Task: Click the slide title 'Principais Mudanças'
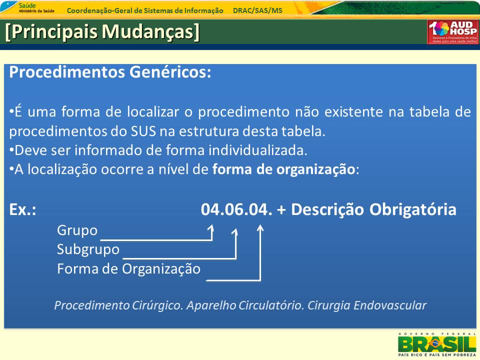(102, 31)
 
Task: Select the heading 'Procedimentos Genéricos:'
(110, 72)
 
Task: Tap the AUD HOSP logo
(452, 32)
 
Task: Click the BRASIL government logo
(436, 344)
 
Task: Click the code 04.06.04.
(236, 210)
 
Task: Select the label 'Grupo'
(77, 230)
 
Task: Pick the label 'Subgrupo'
(88, 249)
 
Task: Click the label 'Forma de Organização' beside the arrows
(128, 268)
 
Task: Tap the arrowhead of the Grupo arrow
(211, 228)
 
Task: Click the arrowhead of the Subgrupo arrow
(235, 232)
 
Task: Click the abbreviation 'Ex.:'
(22, 210)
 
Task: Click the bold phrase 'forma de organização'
(283, 169)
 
